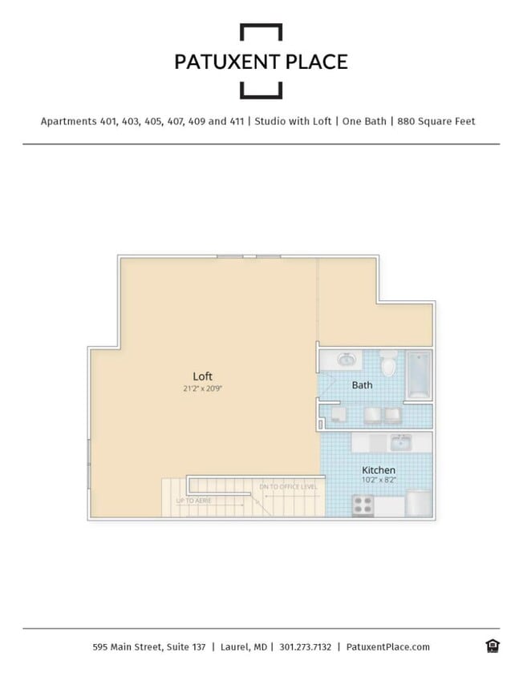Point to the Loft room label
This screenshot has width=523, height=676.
pos(203,376)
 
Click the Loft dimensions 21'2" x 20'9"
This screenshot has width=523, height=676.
pos(203,389)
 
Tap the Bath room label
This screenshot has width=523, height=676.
pos(362,385)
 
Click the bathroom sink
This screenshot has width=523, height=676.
pos(346,360)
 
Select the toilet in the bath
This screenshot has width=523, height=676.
pos(389,364)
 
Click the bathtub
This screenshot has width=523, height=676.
pos(419,374)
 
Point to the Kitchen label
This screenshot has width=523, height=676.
pos(379,470)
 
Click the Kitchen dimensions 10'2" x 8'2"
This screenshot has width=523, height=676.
pos(379,481)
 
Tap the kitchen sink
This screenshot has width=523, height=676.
pos(400,442)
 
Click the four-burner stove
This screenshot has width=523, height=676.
pos(363,505)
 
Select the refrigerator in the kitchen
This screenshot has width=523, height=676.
pos(419,504)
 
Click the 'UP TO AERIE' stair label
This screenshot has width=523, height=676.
pos(193,501)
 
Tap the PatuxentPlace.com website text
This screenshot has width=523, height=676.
pos(387,647)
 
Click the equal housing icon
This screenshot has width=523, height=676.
pos(492,646)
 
